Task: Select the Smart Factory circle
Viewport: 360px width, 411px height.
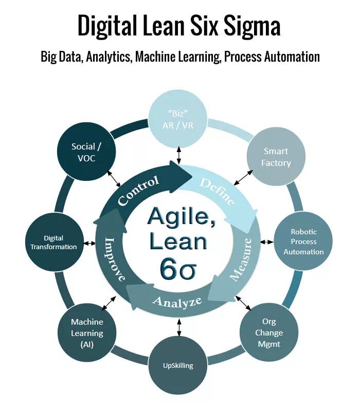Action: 277,157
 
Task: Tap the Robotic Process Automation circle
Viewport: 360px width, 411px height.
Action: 303,241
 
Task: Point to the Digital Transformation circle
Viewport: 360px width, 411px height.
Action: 53,242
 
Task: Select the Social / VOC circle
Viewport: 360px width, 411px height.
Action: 83,153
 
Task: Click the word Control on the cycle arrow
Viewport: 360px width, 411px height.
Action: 138,190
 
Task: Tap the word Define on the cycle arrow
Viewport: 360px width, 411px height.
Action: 217,191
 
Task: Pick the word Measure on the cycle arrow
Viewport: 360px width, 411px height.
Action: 241,259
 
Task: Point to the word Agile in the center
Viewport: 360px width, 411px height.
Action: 177,216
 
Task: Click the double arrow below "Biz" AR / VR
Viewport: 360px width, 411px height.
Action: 179,155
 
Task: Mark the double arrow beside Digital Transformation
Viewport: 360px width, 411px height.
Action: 89,242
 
